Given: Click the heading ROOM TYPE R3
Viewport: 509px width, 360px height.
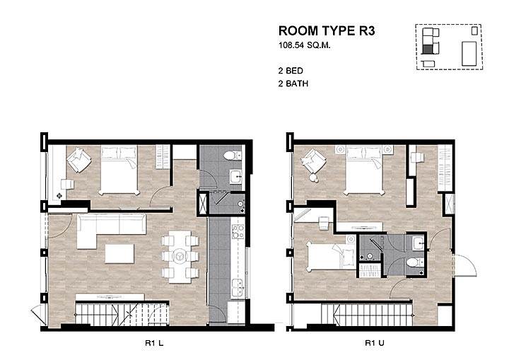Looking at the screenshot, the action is [x=327, y=31].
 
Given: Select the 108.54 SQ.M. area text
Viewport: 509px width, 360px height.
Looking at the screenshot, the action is [x=304, y=45].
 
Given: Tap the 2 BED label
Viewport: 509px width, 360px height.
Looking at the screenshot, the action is [x=291, y=71].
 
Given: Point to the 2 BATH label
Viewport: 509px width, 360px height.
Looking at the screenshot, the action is [x=293, y=84].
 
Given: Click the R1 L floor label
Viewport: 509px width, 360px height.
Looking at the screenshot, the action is [x=154, y=343].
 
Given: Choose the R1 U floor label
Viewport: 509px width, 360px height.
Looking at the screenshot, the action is [x=375, y=343].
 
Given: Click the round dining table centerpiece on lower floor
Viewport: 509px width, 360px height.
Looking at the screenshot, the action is [x=179, y=256].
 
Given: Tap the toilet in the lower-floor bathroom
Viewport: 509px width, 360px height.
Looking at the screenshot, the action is [x=233, y=156].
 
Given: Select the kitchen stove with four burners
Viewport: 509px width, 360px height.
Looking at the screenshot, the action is [x=238, y=231].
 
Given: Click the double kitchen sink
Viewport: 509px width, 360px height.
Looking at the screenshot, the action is [x=238, y=288].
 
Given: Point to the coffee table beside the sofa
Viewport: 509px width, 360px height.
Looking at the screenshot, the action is [x=119, y=253].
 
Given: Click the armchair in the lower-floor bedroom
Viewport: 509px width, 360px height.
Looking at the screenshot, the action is [x=79, y=160].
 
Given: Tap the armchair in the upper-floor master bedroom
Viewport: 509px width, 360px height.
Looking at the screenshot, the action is [x=313, y=161].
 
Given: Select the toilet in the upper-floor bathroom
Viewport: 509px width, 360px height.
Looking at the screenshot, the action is [x=415, y=262].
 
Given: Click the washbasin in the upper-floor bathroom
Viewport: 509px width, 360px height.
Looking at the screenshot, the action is [x=418, y=243].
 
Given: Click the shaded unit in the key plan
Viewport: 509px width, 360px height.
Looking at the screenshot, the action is [x=427, y=49].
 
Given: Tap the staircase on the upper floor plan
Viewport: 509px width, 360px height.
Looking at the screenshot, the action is [x=367, y=315].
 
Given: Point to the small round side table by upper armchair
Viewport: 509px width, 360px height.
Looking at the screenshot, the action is [x=314, y=178].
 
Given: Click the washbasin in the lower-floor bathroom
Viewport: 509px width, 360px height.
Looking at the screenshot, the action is [x=236, y=177].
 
